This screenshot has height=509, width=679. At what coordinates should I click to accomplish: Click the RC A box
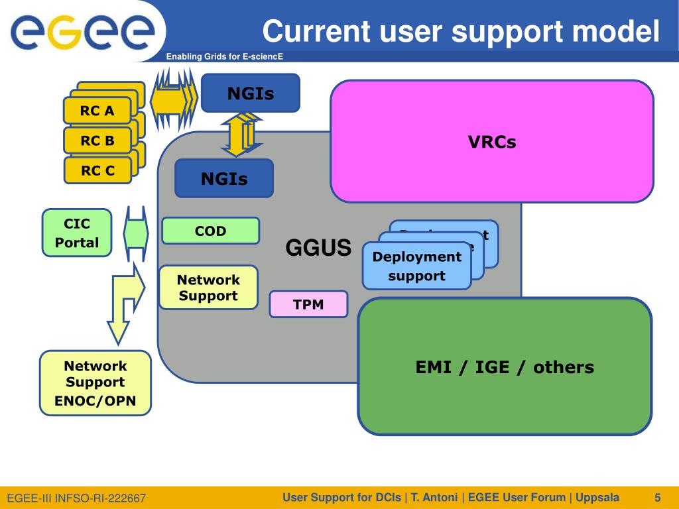97,111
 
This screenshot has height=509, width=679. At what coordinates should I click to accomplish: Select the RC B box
97,141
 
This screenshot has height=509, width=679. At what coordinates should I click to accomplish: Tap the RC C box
97,170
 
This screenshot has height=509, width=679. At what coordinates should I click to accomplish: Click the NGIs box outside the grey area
250,93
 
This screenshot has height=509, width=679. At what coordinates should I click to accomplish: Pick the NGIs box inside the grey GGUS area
224,178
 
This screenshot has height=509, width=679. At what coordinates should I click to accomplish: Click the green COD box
210,231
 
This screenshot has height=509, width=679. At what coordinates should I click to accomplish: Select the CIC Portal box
76,233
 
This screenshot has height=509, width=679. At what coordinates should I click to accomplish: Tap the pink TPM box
308,304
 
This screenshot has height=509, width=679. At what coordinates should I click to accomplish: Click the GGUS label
318,248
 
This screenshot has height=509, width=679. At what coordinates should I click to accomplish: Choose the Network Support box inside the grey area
208,288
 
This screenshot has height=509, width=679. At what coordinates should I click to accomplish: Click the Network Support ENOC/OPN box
95,383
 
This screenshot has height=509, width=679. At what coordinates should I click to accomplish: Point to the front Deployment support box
416,266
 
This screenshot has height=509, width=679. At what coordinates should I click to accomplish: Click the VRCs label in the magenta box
491,142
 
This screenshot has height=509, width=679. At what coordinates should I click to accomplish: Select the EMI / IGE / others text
505,367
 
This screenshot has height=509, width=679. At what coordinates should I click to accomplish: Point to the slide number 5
657,498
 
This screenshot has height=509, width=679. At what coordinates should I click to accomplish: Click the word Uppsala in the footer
597,498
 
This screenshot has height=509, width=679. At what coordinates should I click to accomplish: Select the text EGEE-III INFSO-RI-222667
76,498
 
